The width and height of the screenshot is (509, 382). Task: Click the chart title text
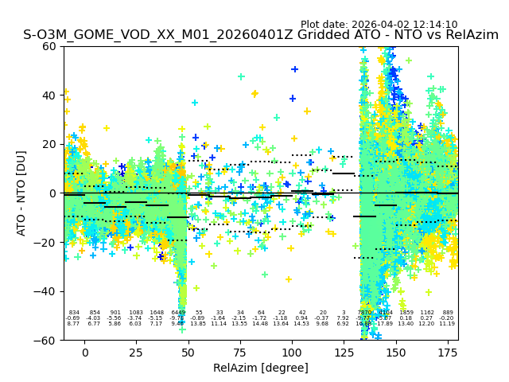tap(261, 35)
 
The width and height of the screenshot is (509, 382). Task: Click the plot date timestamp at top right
tap(379, 25)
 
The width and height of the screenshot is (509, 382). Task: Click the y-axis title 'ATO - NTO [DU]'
tap(21, 193)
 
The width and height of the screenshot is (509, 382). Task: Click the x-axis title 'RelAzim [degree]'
tap(261, 368)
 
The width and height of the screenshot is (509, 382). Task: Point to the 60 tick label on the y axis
tap(49, 46)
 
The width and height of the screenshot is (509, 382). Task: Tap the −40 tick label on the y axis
tap(46, 291)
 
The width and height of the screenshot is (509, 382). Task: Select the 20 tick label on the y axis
tap(49, 144)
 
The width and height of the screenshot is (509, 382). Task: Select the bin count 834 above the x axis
tap(74, 313)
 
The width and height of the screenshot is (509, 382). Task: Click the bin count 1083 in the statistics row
tap(136, 313)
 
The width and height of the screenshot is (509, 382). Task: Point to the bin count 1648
tap(157, 313)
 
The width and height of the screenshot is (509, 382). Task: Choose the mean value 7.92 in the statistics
tap(343, 318)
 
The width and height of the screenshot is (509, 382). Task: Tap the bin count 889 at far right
tap(448, 313)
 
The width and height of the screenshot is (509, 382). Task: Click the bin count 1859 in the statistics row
tap(406, 313)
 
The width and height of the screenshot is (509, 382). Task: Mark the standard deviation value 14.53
tap(301, 324)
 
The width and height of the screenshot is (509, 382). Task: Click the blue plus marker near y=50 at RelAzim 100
tap(294, 69)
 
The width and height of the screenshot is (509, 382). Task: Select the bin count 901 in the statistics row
tap(115, 313)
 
